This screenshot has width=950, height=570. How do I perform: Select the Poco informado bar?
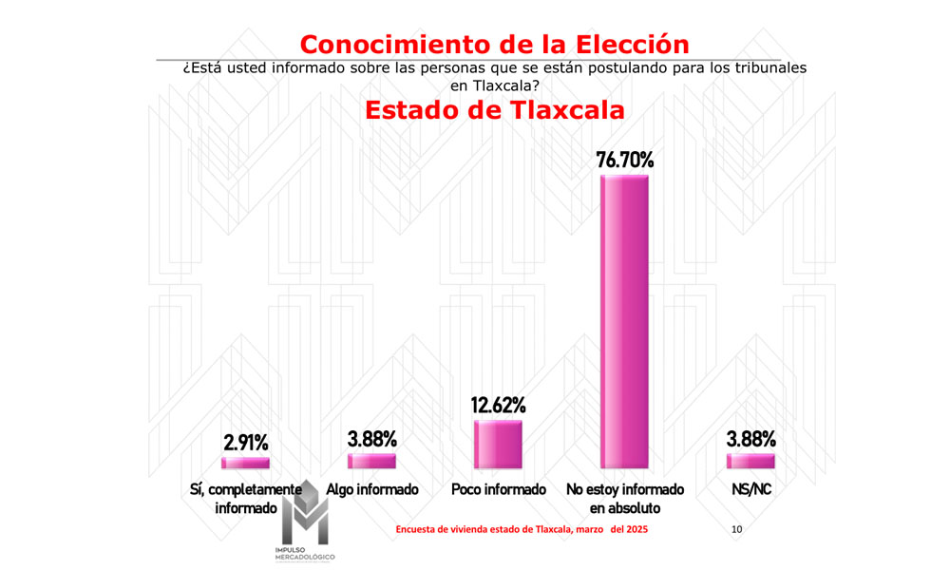[498, 445]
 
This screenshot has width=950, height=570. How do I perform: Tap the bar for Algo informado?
[371, 461]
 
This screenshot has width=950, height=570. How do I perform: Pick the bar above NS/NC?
[750, 461]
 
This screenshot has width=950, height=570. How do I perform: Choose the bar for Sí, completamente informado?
[245, 463]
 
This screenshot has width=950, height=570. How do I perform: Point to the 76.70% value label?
[624, 160]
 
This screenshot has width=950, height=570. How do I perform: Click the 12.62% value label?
[498, 406]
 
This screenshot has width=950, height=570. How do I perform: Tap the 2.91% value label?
[245, 443]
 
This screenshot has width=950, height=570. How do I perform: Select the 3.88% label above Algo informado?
[371, 439]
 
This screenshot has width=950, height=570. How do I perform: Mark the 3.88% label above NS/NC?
[750, 439]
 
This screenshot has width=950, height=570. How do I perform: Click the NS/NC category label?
[750, 490]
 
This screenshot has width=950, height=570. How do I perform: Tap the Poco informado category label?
[499, 490]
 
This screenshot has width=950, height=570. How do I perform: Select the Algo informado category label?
[371, 490]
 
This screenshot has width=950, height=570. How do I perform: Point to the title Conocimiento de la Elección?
[494, 44]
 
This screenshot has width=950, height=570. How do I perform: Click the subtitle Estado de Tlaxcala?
[494, 109]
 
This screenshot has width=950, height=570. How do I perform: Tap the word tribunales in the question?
[769, 69]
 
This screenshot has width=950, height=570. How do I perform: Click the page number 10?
[737, 528]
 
